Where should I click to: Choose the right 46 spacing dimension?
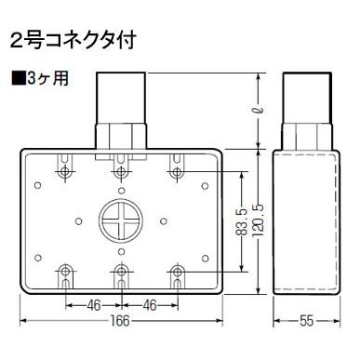pyautogui.click(x=149, y=303)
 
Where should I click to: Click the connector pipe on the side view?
pyautogui.click(x=304, y=107)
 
